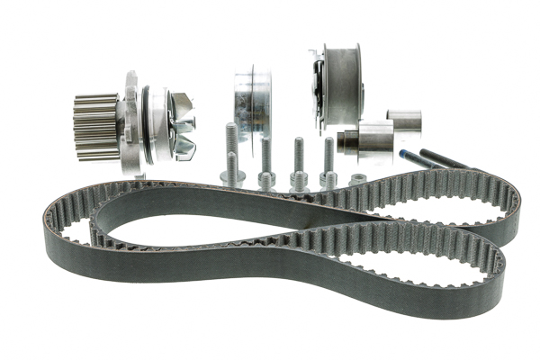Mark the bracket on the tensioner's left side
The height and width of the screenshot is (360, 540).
316,85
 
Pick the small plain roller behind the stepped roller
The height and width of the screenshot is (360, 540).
403,121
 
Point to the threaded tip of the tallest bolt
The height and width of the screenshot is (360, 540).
230,130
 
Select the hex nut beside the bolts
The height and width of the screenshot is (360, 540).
357,178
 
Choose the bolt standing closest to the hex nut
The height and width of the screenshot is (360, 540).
328,166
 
